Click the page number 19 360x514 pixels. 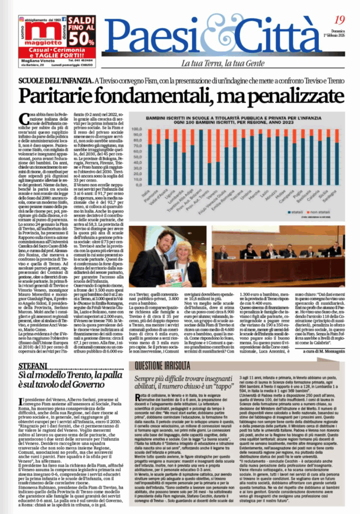(339, 21)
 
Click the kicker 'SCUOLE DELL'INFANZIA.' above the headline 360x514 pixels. (55, 81)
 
